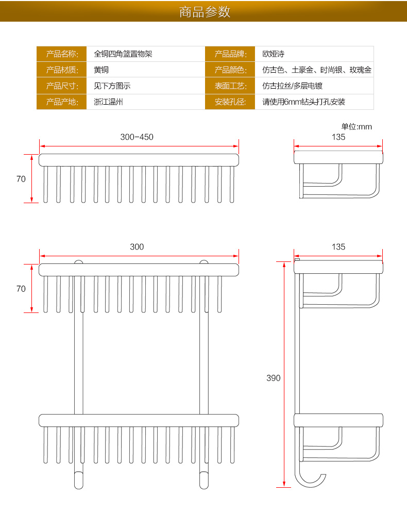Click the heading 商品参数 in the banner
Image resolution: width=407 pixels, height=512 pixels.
click(205, 12)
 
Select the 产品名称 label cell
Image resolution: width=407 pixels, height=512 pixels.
click(62, 54)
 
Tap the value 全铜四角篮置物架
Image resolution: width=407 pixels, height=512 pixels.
click(123, 54)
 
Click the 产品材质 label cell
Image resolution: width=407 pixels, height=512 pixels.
click(62, 70)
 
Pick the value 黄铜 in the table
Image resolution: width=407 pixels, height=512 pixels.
click(101, 70)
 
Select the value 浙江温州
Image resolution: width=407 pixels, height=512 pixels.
click(108, 102)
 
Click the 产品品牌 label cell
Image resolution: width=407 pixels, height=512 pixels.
click(231, 54)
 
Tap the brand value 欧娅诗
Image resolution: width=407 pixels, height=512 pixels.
click(274, 54)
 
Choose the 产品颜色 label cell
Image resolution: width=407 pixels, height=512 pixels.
click(231, 70)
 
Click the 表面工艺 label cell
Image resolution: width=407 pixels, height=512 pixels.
click(231, 86)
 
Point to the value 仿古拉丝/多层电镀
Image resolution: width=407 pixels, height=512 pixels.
click(293, 86)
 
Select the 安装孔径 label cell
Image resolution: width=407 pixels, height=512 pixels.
click(231, 102)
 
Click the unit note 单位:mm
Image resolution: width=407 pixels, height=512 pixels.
click(357, 126)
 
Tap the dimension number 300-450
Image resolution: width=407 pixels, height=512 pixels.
click(137, 137)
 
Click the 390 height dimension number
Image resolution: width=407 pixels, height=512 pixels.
click(274, 378)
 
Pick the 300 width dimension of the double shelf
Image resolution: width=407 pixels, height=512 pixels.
click(137, 247)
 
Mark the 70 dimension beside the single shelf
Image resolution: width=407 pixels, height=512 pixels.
click(21, 179)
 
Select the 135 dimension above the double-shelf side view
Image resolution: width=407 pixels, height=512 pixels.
click(338, 247)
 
